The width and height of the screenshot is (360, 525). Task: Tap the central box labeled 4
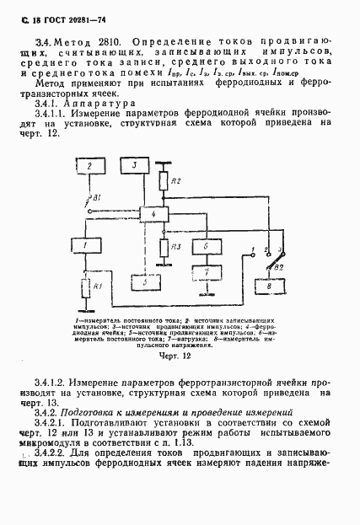pos(153,217)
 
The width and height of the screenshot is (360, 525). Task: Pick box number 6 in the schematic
pos(205,246)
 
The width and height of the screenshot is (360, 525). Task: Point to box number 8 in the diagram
pos(270,287)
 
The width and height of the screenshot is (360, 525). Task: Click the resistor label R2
pos(176,182)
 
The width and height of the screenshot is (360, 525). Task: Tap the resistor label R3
pos(176,247)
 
